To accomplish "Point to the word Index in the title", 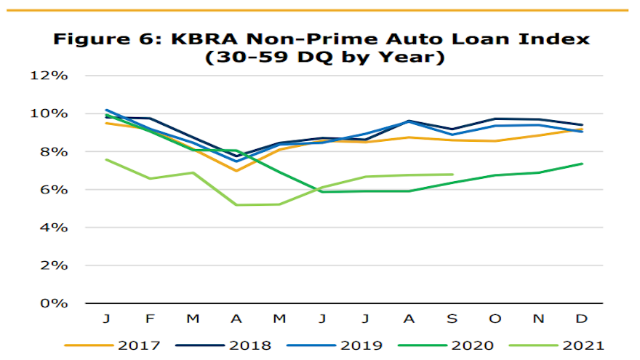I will (x=556, y=39).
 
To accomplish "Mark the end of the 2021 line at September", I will (x=452, y=175).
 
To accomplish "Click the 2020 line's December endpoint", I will (x=582, y=164).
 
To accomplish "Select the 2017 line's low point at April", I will (x=236, y=171).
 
